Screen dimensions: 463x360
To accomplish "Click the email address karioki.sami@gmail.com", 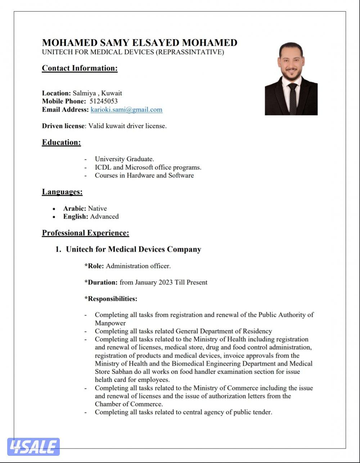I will click(x=126, y=110).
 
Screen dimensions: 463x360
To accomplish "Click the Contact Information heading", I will click(x=80, y=68).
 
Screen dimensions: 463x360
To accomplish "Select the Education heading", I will click(x=61, y=142).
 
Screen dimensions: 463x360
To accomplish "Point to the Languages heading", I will click(x=62, y=192).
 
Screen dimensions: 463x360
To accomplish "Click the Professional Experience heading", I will click(x=85, y=233).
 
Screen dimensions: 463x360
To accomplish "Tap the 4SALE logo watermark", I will click(x=33, y=447).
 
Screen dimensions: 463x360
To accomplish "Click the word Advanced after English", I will click(x=104, y=217).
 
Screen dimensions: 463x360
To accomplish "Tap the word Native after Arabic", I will click(x=98, y=208).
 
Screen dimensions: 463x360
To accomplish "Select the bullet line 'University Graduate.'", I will click(x=124, y=159).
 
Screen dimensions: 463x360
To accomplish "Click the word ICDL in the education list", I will click(x=103, y=167).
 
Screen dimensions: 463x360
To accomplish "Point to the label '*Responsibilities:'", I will click(x=111, y=299).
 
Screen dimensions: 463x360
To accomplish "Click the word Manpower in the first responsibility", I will click(x=110, y=323).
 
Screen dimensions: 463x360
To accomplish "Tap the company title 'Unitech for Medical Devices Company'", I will click(x=133, y=249).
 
